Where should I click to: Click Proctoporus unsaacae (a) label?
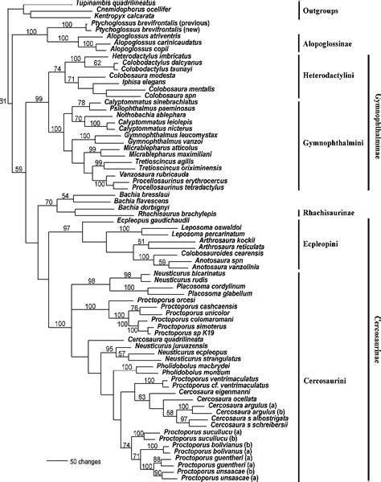pos(219,478)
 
